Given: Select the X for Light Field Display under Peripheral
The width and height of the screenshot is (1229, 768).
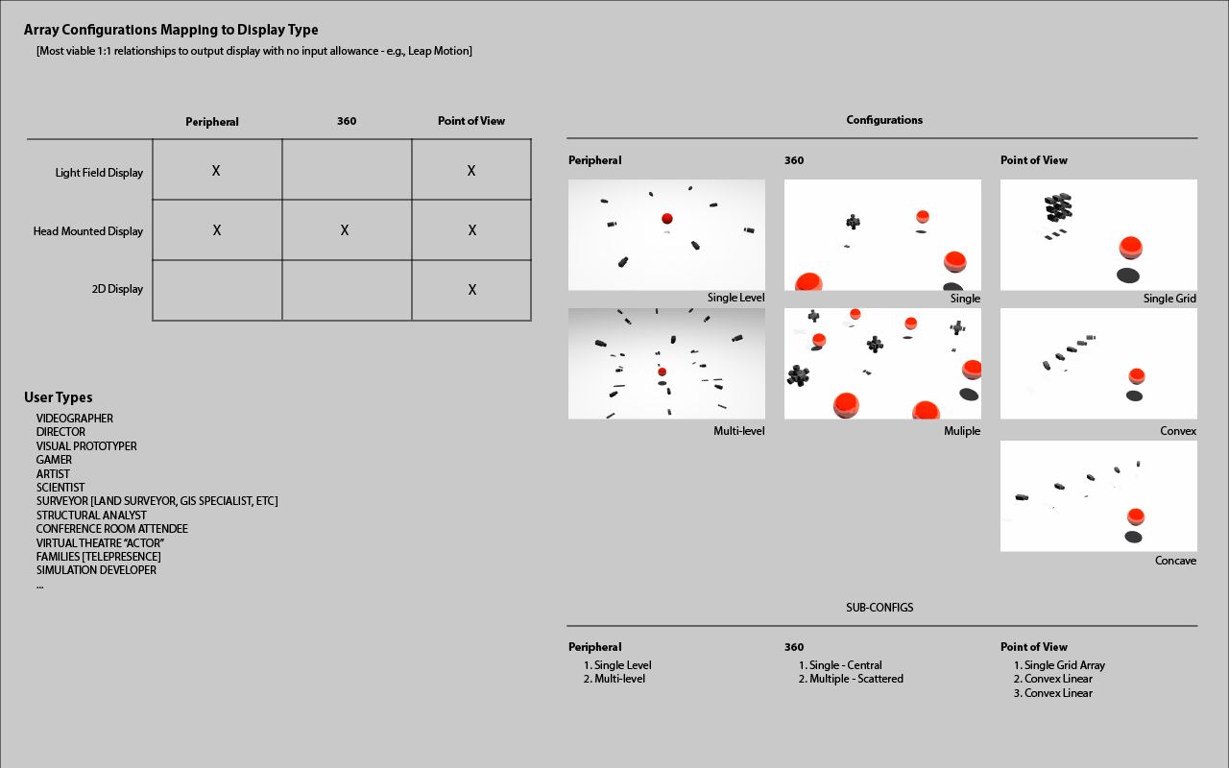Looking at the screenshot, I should click(x=216, y=171).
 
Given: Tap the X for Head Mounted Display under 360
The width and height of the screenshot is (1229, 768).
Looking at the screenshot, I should click(x=345, y=230).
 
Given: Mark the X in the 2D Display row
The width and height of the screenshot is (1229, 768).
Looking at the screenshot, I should click(x=471, y=290).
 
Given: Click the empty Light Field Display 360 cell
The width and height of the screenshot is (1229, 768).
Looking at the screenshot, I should click(x=347, y=170).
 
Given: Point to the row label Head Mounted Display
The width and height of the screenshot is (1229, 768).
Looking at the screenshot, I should click(x=88, y=231).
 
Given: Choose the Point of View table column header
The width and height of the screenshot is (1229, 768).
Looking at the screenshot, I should click(x=470, y=121).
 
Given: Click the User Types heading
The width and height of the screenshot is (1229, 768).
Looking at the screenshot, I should click(x=59, y=397).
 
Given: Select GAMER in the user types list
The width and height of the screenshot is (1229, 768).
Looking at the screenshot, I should click(x=54, y=460).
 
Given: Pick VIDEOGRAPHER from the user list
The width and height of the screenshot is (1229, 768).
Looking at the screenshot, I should click(x=75, y=419).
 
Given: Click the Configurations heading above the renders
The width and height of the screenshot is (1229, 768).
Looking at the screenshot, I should click(x=884, y=120).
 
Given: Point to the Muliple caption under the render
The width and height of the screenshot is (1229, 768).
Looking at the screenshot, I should click(x=961, y=431).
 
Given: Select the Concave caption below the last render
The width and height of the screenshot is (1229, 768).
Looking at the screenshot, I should click(x=1175, y=561).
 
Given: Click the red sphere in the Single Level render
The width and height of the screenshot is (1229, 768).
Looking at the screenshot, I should click(x=666, y=220).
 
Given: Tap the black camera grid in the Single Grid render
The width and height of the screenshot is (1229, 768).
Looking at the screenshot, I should click(x=1058, y=206).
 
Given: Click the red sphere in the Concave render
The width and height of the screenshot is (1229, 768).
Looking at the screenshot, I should click(x=1136, y=516).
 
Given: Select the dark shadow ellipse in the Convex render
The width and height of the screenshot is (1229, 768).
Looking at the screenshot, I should click(x=1134, y=396).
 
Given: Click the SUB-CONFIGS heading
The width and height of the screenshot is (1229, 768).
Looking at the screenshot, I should click(x=880, y=608).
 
